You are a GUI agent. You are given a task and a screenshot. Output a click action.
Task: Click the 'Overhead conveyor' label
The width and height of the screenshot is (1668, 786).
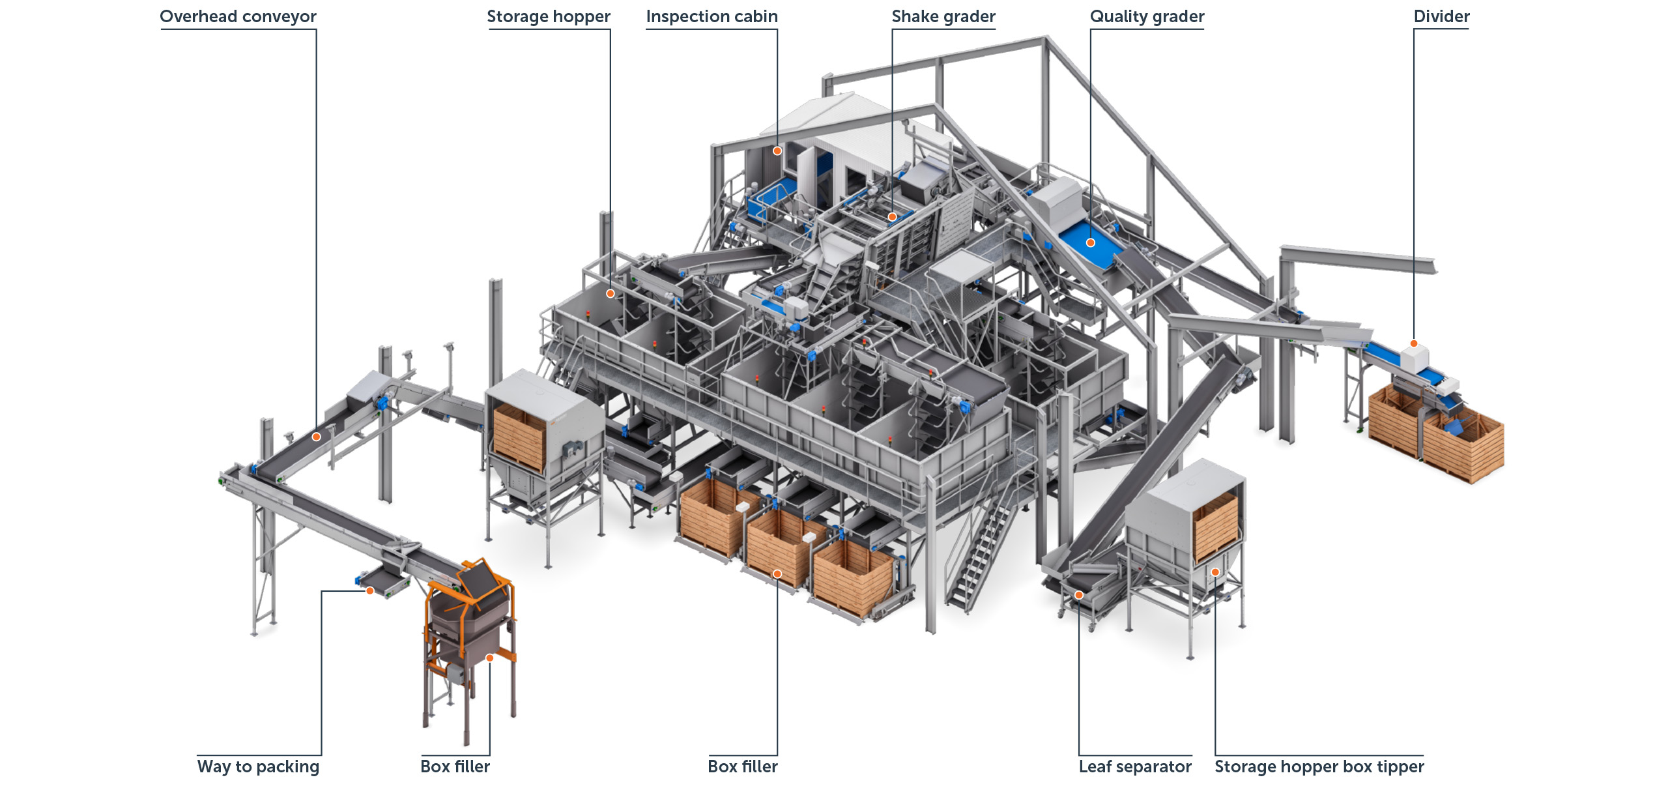coord(238,17)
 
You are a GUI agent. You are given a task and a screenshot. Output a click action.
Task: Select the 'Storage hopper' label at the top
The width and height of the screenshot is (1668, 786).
coord(549,17)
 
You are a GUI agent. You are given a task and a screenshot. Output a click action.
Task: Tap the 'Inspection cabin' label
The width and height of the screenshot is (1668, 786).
coord(712,17)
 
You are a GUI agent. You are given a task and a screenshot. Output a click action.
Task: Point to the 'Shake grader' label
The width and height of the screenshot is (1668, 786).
coord(943,17)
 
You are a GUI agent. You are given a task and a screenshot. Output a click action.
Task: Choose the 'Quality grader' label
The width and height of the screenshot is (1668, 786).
coord(1147,17)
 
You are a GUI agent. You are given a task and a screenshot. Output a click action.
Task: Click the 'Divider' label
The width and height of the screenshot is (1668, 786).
coord(1441,16)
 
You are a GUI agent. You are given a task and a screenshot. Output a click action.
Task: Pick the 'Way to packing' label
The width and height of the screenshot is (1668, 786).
coord(258,766)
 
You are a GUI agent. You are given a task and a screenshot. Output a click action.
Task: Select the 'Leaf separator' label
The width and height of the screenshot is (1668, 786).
coord(1135,766)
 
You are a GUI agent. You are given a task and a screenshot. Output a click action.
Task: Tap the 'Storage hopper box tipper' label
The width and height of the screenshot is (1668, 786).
coord(1319,766)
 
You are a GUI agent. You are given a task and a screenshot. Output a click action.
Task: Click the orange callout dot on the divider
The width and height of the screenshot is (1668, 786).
coord(1414,343)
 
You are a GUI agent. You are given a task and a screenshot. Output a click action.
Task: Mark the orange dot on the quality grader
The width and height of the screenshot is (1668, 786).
coord(1091,243)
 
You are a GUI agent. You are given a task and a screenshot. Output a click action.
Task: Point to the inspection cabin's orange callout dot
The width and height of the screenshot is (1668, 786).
coord(777,151)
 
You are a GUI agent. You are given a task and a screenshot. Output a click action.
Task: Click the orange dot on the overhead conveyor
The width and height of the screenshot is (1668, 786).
coord(316,437)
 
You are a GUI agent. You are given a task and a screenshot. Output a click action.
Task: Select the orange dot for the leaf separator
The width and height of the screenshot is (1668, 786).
coord(1079,595)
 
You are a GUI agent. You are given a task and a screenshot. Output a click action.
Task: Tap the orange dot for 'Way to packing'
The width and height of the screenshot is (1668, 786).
coord(369,590)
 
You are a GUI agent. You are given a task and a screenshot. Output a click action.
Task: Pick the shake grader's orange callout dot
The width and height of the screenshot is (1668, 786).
coord(892,217)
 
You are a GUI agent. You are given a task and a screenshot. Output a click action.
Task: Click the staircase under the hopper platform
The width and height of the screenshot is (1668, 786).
coord(977,554)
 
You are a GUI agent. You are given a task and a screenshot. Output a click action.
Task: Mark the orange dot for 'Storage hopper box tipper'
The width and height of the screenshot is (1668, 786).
coord(1215,572)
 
